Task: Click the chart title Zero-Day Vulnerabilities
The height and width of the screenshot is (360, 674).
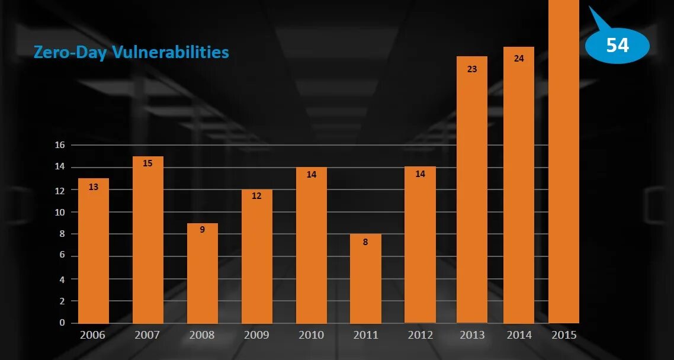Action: [x=131, y=52]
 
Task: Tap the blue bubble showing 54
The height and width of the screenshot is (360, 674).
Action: [x=617, y=45]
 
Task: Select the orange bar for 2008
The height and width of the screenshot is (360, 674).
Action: [x=202, y=273]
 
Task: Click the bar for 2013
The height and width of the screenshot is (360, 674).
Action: [x=471, y=189]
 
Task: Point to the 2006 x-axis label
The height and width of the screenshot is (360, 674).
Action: [x=93, y=335]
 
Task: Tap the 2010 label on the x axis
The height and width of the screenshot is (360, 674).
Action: [x=311, y=335]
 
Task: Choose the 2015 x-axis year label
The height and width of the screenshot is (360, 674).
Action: [x=564, y=335]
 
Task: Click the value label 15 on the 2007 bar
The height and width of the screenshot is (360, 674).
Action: [x=147, y=163]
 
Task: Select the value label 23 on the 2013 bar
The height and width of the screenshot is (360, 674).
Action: [x=471, y=69]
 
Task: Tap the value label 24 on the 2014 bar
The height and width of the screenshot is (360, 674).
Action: [x=519, y=59]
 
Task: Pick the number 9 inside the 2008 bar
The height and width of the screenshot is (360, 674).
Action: [x=202, y=230]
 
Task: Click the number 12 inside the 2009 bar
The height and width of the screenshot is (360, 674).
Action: [x=256, y=196]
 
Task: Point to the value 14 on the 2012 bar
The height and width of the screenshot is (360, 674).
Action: [x=420, y=174]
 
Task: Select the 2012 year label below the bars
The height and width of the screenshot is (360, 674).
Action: [x=420, y=335]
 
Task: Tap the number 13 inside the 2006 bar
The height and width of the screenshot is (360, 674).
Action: [x=93, y=187]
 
